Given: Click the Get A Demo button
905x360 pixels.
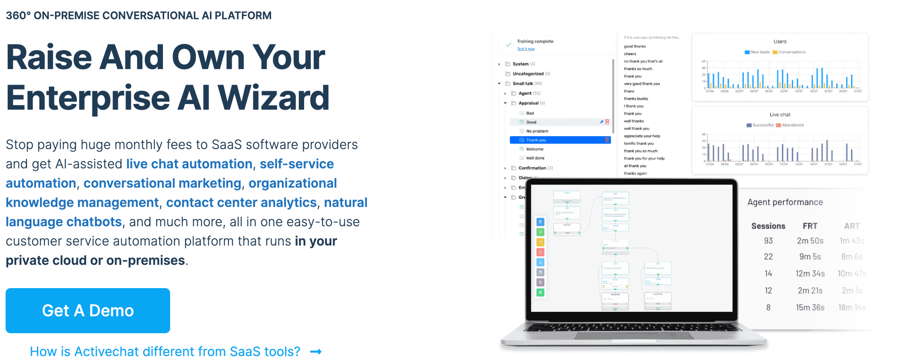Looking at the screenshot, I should (x=88, y=311).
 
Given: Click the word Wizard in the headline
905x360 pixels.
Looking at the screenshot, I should (x=274, y=98).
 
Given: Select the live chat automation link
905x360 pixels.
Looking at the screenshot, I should (x=189, y=164).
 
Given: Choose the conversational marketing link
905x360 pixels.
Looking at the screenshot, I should (x=162, y=183).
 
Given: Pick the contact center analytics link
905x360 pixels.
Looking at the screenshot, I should (x=241, y=203).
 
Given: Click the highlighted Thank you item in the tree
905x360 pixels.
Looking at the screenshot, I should (x=536, y=140).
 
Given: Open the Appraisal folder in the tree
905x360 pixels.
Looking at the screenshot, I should (x=528, y=103).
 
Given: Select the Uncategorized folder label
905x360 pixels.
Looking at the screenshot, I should (x=528, y=74).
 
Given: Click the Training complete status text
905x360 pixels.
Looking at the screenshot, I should (x=535, y=42).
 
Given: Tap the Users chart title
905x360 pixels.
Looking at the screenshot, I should (x=780, y=42).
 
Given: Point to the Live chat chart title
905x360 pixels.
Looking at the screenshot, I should (x=780, y=115).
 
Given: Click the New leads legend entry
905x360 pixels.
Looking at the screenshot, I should (x=760, y=52).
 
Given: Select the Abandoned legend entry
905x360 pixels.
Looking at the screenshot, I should (x=792, y=125).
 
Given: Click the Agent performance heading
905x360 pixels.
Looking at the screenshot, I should (x=785, y=202).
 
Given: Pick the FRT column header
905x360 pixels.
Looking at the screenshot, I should (x=810, y=226).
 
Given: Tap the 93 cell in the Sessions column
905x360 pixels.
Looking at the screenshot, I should (x=768, y=241).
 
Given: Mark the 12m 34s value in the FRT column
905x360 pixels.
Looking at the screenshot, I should (x=810, y=274).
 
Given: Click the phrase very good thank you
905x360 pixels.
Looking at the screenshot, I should (x=642, y=84).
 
